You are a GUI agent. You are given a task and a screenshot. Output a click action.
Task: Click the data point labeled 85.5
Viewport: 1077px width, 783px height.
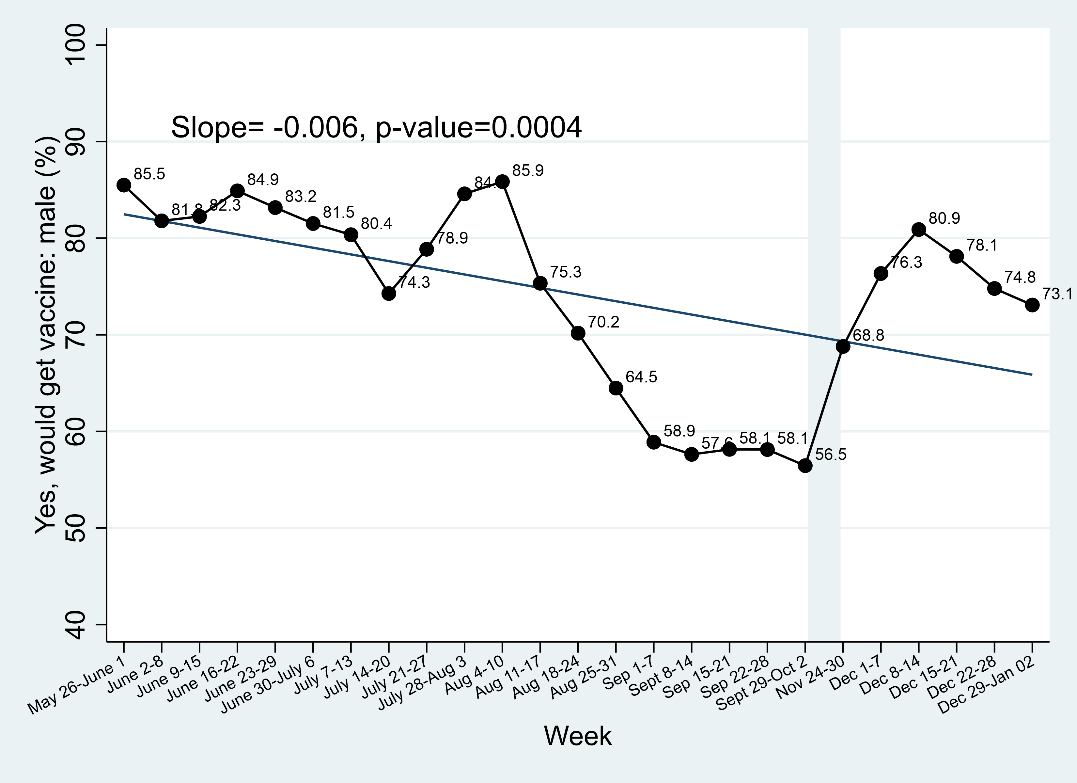124,185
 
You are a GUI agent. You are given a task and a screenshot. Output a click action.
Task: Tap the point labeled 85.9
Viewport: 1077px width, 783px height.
502,182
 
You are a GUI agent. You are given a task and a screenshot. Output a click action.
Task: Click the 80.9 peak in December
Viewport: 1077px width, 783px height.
919,230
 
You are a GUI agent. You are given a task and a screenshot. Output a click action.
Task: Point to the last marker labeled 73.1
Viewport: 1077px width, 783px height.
1032,305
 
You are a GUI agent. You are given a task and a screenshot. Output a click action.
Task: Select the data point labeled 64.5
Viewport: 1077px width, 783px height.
616,388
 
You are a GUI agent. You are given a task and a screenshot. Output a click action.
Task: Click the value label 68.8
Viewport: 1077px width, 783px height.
868,335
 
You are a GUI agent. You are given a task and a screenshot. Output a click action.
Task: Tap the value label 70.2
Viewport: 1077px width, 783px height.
603,322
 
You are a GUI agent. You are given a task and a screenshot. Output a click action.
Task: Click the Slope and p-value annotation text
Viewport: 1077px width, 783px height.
376,127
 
